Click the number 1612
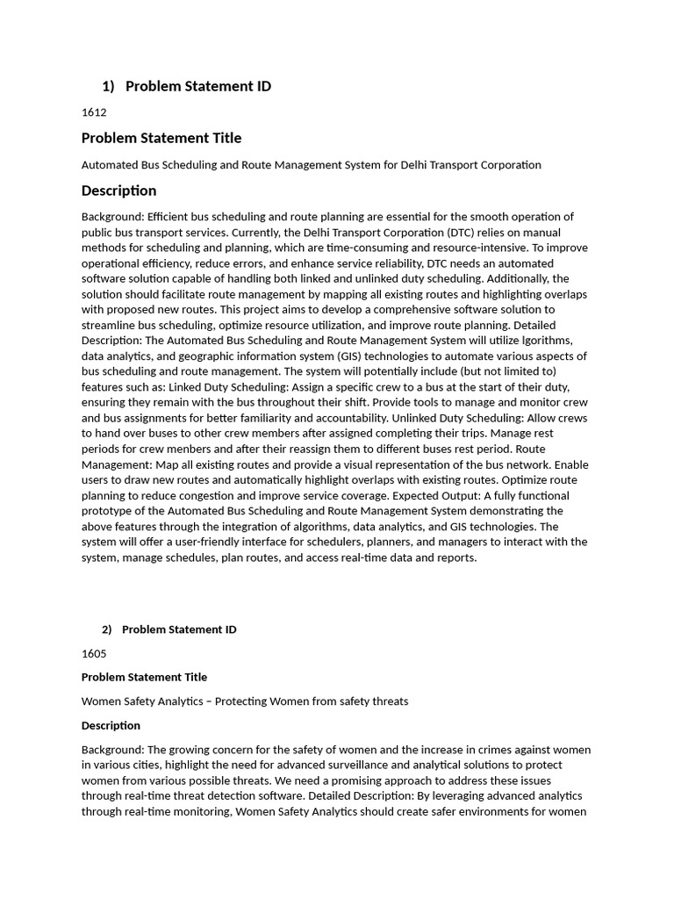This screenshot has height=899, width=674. tap(94, 112)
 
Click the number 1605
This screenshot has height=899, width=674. tap(94, 653)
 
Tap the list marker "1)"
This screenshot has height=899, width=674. tap(108, 86)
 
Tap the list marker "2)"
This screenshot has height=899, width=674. tap(107, 629)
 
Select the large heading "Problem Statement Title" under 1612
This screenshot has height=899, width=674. tap(161, 138)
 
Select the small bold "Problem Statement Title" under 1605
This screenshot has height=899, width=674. tap(144, 677)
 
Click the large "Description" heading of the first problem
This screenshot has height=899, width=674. tap(118, 191)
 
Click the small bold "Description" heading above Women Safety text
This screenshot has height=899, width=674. tap(111, 725)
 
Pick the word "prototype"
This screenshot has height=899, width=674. tap(107, 511)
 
